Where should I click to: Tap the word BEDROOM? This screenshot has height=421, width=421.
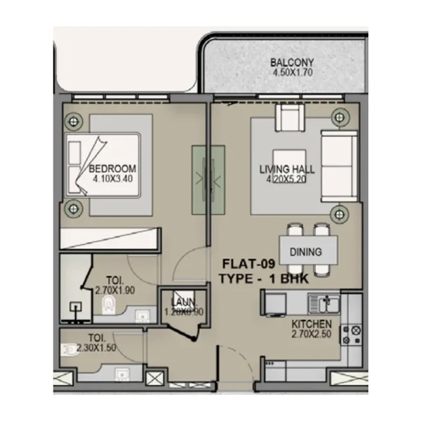112,169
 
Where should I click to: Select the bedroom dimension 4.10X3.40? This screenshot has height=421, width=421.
112,179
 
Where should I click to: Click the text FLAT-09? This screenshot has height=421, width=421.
248,265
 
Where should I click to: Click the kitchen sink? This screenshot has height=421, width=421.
326,303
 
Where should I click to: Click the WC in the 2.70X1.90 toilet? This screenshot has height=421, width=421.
107,304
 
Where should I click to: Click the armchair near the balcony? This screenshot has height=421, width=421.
289,116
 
